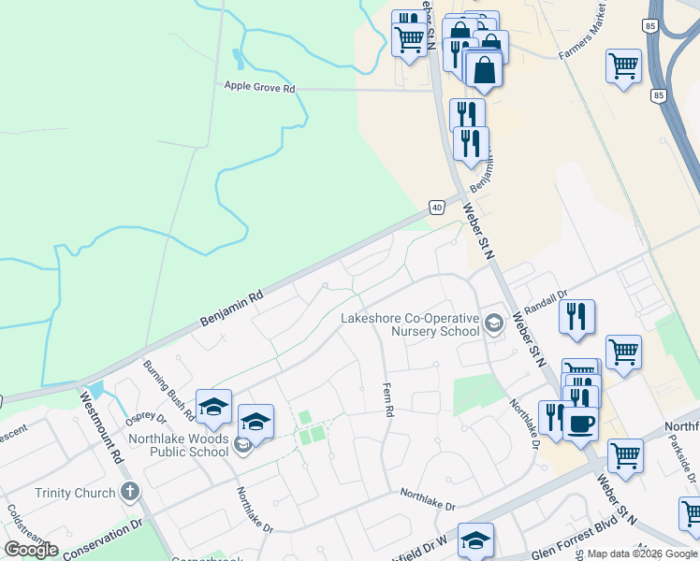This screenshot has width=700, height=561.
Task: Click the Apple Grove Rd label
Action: click(x=259, y=88)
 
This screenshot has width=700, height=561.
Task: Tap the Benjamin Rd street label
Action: click(x=231, y=308)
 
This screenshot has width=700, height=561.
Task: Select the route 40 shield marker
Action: click(x=436, y=206)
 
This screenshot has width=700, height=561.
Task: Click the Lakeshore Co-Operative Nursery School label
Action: click(x=410, y=324)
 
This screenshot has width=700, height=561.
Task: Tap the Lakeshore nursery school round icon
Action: click(x=493, y=324)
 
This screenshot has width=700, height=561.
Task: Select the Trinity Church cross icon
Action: click(x=130, y=492)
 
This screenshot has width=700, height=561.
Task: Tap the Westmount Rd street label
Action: click(x=102, y=427)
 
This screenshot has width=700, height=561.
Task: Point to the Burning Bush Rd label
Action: click(x=168, y=389)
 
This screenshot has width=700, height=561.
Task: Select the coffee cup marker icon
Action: click(x=579, y=423)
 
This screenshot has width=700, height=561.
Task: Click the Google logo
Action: click(x=31, y=550)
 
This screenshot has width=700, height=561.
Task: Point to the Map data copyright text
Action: click(x=643, y=554)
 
